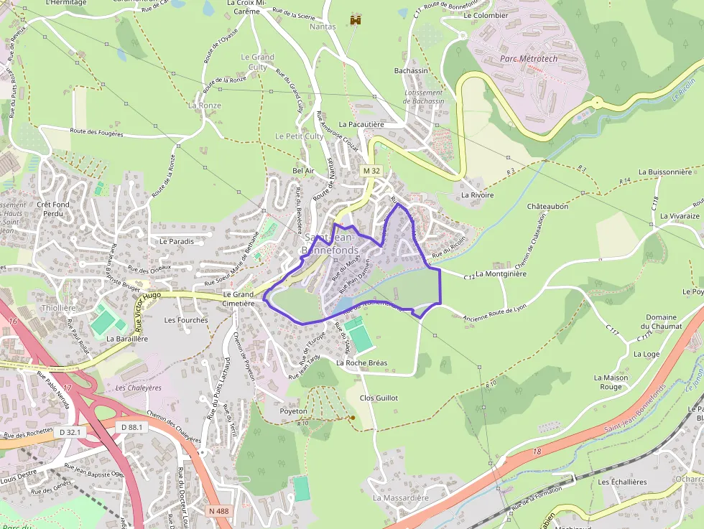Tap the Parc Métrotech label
point(529,57)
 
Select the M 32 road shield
point(371,172)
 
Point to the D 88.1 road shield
point(132,427)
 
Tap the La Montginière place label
point(501,273)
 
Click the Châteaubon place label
point(547,206)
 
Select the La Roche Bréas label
point(361,363)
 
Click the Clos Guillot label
point(379,398)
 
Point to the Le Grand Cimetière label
point(238,299)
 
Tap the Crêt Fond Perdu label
point(53,209)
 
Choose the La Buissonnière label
point(670,172)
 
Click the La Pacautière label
point(362,124)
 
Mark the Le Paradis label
point(177,242)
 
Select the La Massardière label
point(400,497)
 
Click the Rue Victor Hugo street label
point(149,306)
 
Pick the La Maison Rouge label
point(611,383)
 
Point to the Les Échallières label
point(622,482)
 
